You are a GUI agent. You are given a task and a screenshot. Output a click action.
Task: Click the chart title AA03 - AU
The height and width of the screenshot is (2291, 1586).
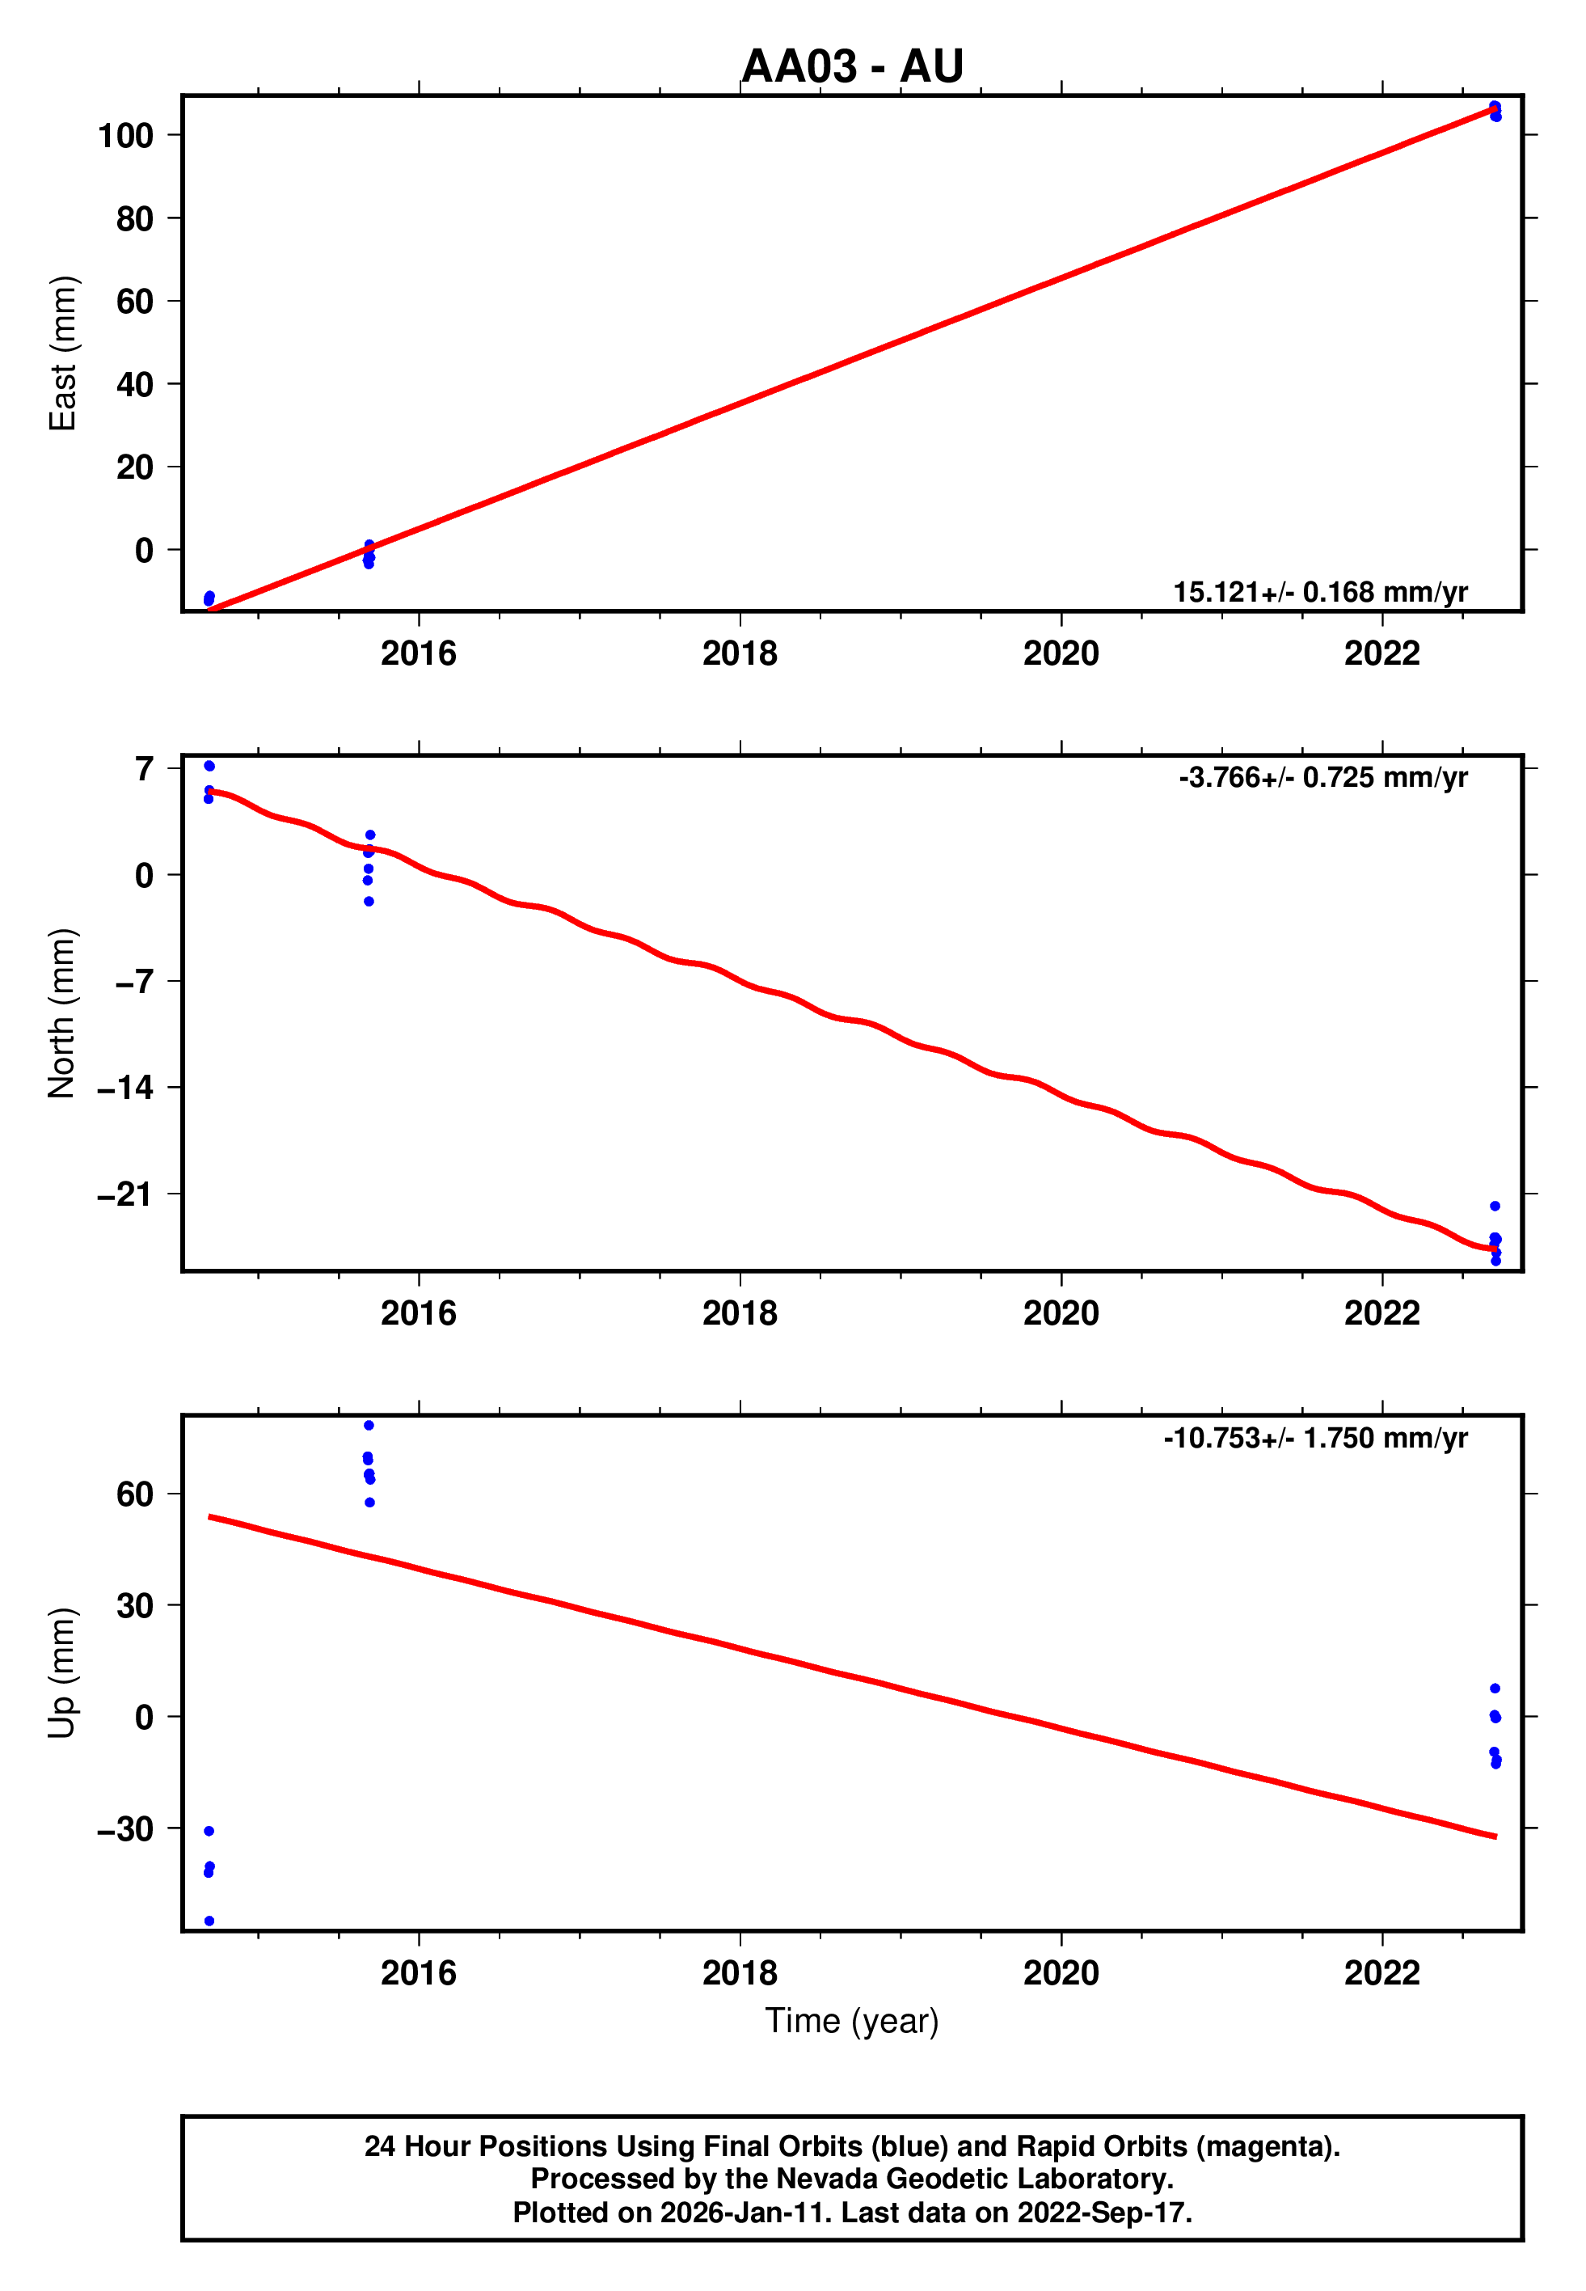(852, 66)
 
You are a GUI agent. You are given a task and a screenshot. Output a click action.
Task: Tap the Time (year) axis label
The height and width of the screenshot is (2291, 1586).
(852, 2021)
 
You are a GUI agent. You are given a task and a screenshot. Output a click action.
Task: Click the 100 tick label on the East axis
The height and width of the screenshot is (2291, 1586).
(125, 135)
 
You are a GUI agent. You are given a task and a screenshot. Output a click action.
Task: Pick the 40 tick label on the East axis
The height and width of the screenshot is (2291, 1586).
(134, 385)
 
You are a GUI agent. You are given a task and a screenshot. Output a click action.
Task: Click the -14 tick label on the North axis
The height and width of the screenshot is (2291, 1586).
(125, 1088)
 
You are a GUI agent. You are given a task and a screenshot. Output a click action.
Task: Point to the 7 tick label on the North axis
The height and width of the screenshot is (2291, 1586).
(145, 768)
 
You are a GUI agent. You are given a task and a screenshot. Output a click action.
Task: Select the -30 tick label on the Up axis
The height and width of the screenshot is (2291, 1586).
(125, 1828)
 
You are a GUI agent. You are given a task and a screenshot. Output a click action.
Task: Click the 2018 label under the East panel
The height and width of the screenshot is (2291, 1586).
(740, 654)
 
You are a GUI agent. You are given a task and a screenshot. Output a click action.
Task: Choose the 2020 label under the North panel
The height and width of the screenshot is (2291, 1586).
(1061, 1314)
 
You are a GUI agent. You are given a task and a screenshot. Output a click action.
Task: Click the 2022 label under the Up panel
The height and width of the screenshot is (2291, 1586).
(1381, 1973)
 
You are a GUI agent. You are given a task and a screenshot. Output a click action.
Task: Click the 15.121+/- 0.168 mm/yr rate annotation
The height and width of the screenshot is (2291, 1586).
(1320, 593)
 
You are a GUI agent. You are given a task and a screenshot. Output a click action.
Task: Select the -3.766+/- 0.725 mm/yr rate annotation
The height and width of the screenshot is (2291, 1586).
(1322, 777)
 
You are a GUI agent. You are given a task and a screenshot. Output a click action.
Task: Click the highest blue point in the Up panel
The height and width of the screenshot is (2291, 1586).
(369, 1425)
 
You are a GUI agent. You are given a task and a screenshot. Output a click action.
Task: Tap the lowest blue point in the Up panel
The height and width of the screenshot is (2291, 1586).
(209, 1921)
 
